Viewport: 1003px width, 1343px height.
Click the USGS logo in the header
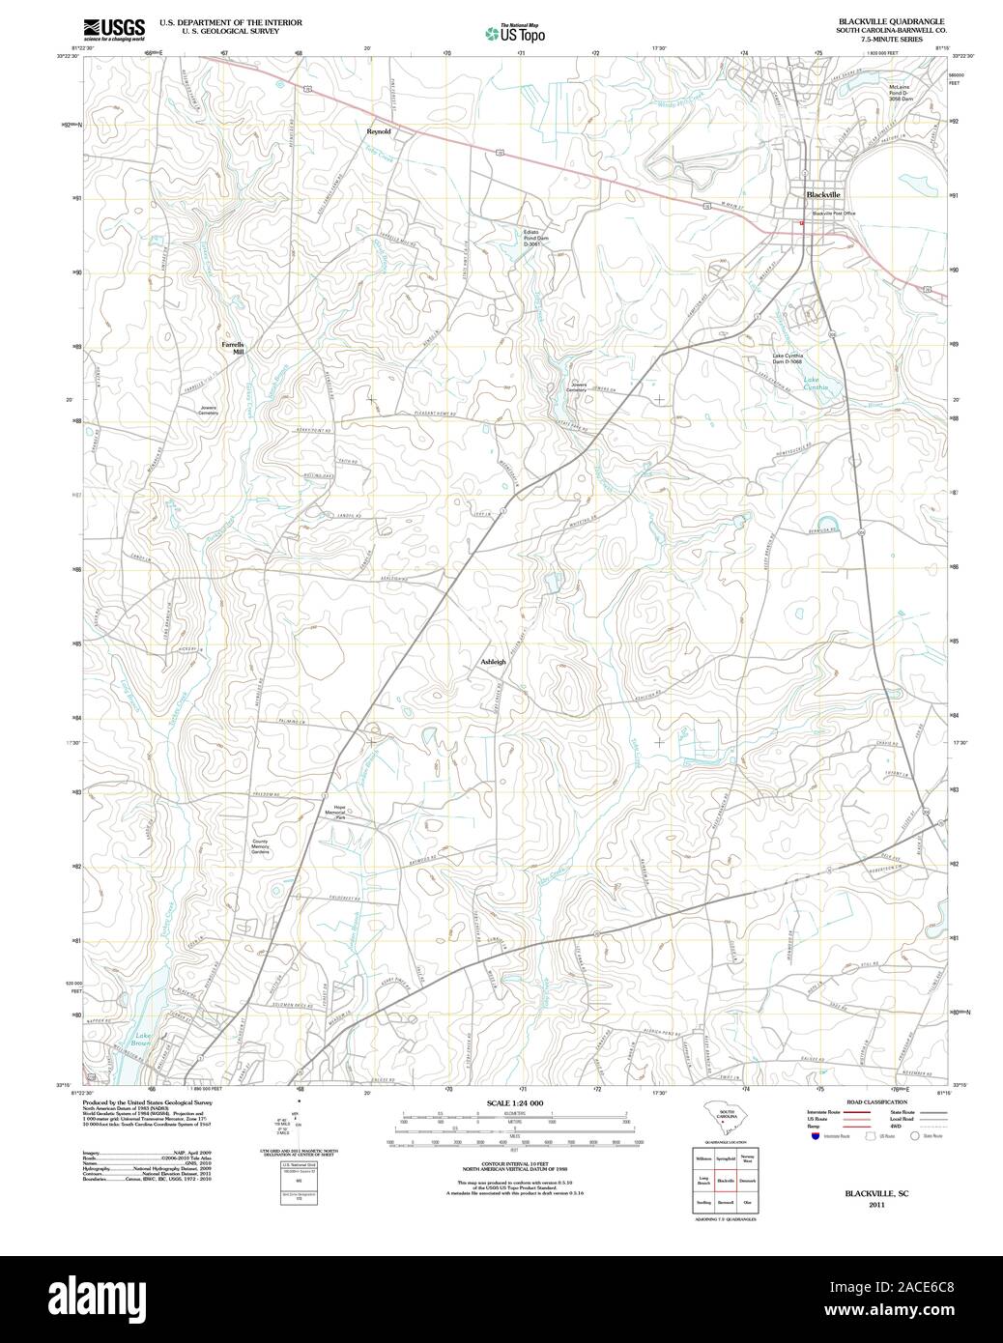(x=113, y=28)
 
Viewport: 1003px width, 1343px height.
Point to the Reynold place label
(x=379, y=130)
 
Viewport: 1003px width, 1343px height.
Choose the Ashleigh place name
(x=493, y=662)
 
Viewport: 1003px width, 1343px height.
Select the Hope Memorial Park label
(x=339, y=812)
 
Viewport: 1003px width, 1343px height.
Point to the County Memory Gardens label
(x=261, y=846)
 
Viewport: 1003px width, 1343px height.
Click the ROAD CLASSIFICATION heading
(x=875, y=1102)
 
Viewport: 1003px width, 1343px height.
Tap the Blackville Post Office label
(x=833, y=213)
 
